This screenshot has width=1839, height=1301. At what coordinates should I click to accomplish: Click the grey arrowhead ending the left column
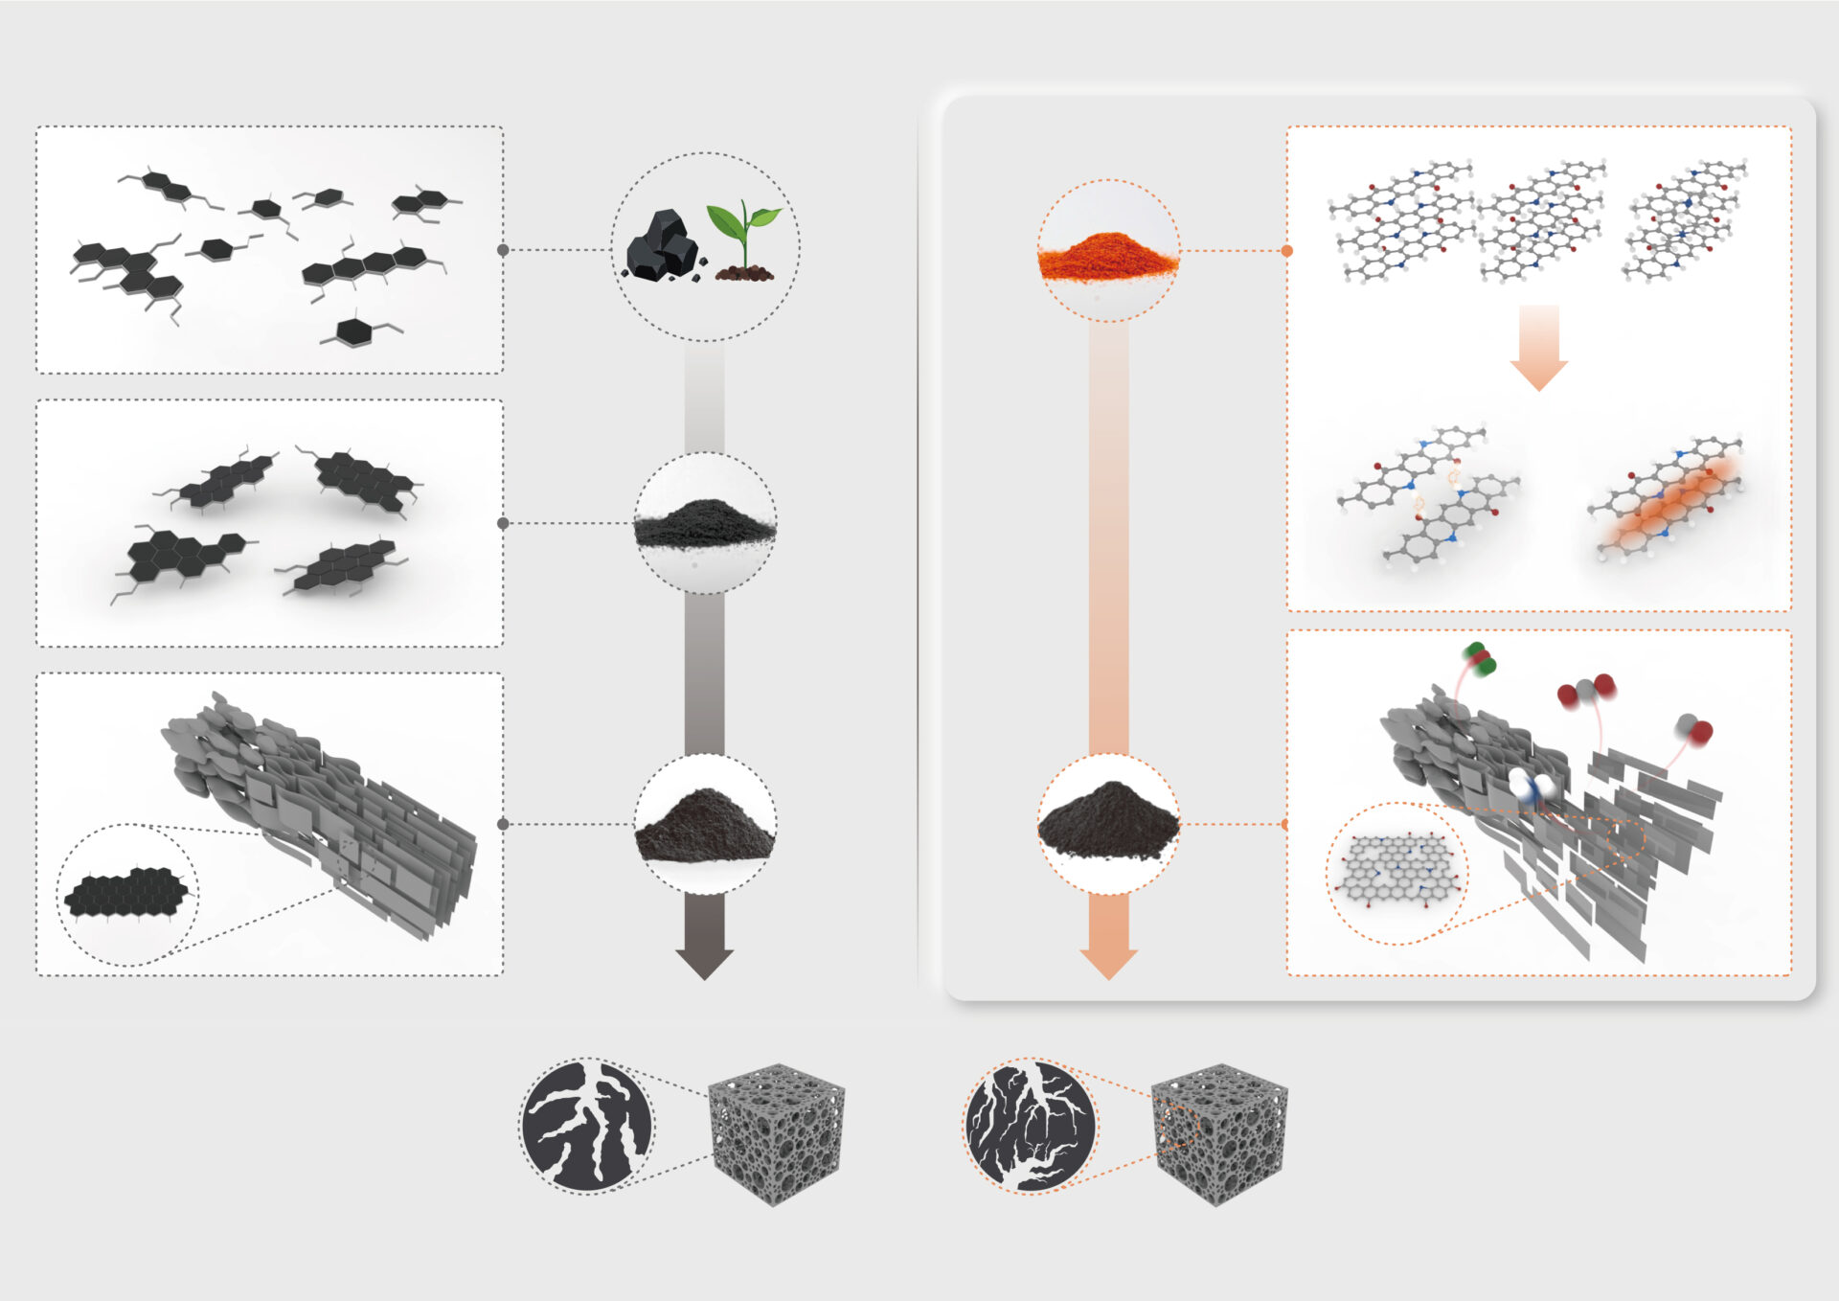point(704,962)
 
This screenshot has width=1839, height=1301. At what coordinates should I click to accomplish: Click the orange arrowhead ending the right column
point(1108,962)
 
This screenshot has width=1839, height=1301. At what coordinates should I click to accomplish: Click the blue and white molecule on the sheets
point(1532,786)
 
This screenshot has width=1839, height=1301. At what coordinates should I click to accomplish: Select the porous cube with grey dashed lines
point(776,1133)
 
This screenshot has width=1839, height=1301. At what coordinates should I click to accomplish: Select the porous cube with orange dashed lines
point(1218,1133)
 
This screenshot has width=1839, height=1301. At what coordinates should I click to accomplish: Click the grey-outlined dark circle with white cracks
point(586,1126)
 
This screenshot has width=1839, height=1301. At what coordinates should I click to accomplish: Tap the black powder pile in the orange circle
point(1108,823)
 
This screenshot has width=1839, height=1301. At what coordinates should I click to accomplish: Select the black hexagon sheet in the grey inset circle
point(126,893)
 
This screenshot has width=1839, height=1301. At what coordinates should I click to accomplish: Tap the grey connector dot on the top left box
point(503,250)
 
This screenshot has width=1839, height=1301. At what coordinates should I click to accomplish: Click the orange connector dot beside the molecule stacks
point(1286,251)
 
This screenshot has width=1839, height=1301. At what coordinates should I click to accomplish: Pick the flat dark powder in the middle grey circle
point(704,524)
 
